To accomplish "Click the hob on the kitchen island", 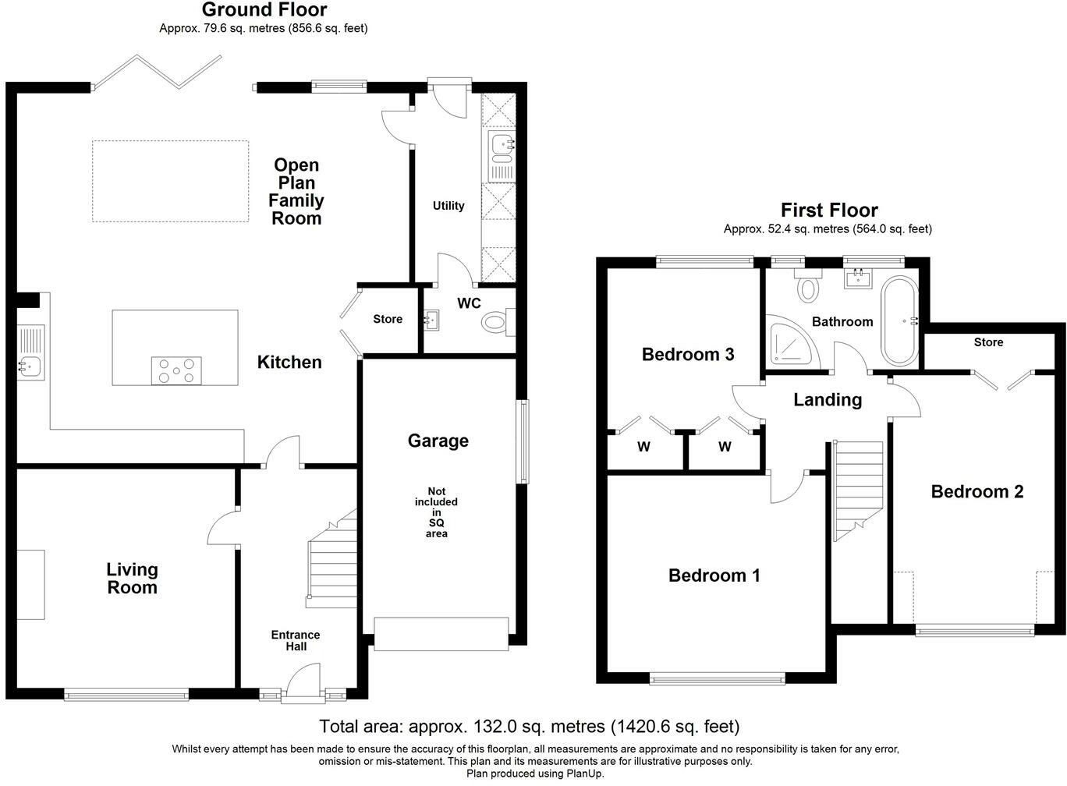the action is (x=176, y=370).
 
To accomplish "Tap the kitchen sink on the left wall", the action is (x=30, y=352).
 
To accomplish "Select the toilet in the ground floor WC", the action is (x=498, y=322).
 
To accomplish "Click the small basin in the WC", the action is (x=431, y=320).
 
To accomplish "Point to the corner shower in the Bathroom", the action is (x=791, y=343).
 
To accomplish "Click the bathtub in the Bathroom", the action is (x=899, y=320).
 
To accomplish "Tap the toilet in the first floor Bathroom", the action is (x=808, y=285).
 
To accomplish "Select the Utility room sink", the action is (x=502, y=157).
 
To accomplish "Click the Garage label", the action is (x=438, y=441).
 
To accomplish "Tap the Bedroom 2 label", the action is (x=977, y=491).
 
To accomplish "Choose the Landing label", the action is (x=828, y=400).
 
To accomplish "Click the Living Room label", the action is (x=132, y=579).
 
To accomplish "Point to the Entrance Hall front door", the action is (x=303, y=684).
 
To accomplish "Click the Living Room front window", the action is (x=126, y=696).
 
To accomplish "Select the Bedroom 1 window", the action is (x=718, y=679).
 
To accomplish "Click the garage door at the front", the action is (x=441, y=634).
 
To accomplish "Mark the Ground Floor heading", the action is (x=264, y=10).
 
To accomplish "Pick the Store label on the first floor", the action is (x=988, y=342).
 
